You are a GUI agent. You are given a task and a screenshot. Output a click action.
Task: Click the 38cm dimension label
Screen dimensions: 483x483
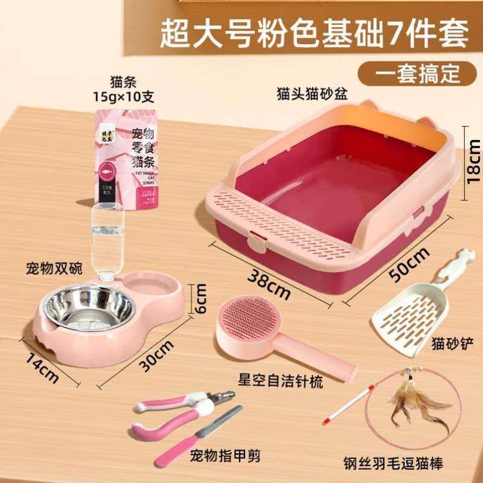[x=269, y=282]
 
